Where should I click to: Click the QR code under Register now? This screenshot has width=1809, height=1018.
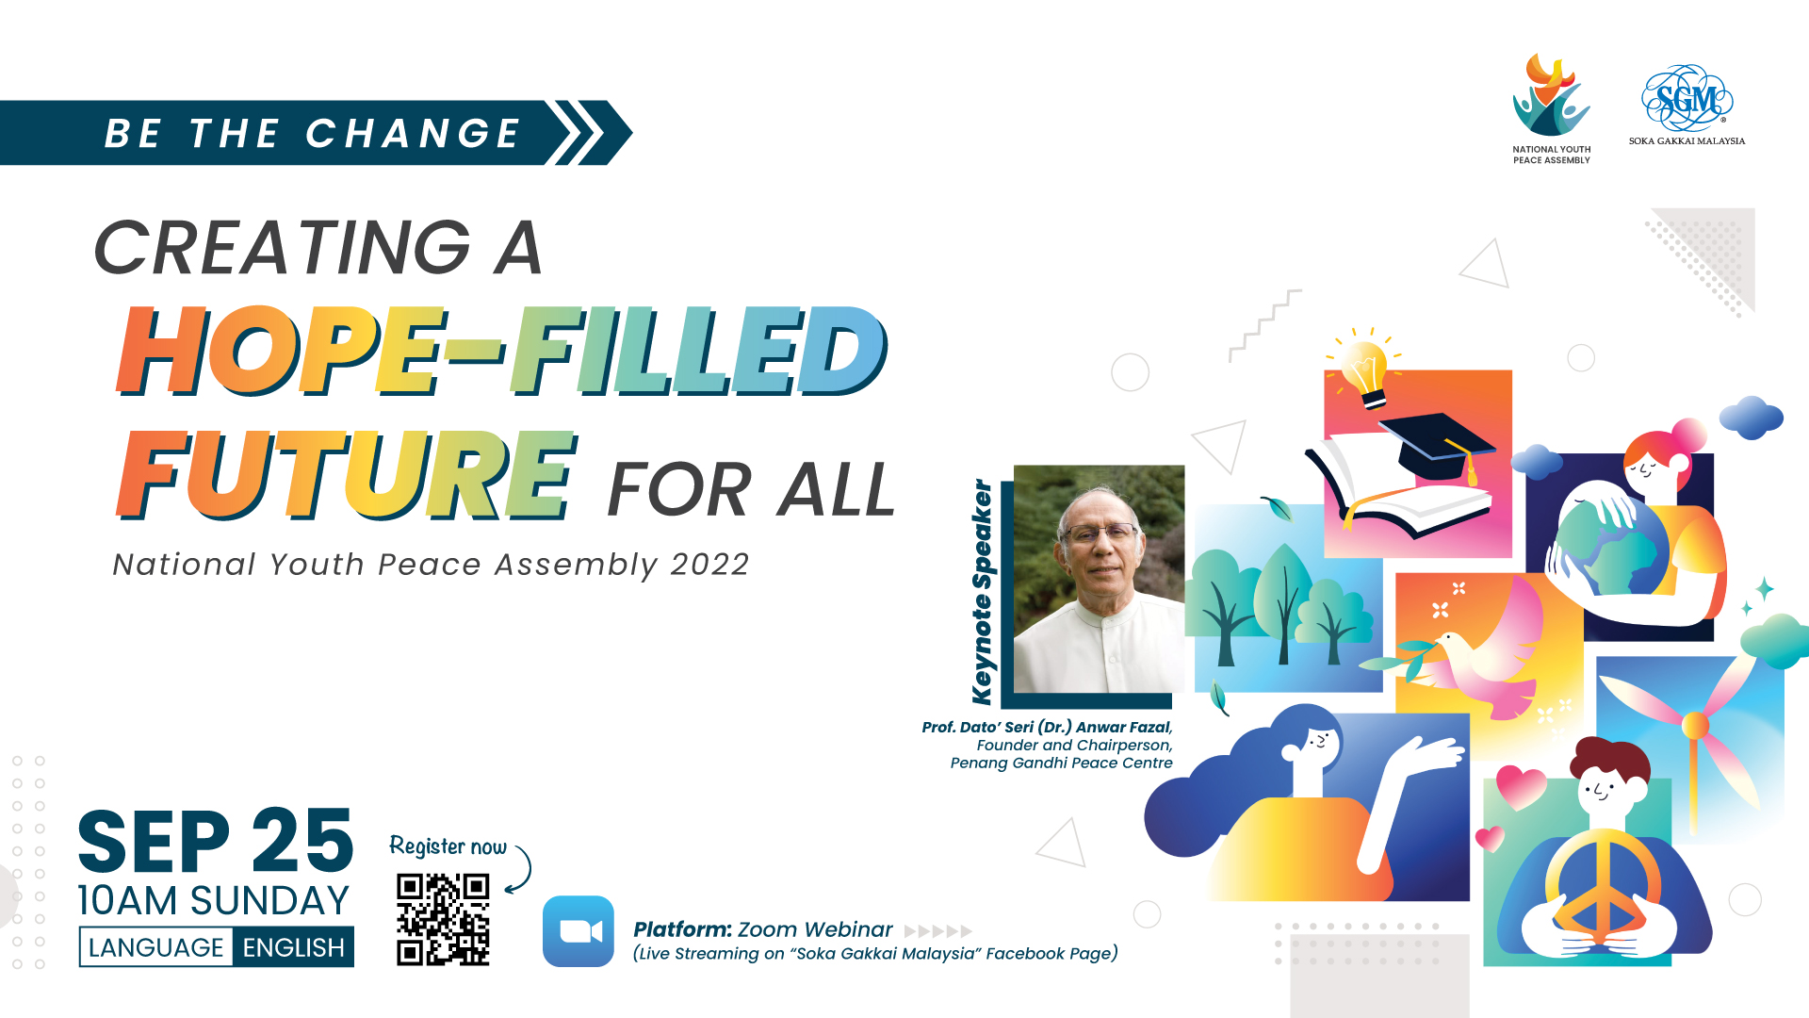coord(443,919)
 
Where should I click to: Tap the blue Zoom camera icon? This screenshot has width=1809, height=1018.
coord(579,931)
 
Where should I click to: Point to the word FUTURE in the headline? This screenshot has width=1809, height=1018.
coord(347,474)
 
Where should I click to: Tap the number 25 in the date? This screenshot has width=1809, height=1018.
coord(302,841)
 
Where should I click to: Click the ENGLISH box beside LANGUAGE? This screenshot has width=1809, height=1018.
coord(293,947)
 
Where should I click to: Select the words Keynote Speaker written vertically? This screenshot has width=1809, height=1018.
coord(982,592)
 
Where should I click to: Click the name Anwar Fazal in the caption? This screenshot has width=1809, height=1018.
coord(1124,727)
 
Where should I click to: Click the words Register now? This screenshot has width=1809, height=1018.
coord(448,846)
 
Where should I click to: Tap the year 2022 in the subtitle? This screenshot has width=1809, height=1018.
coord(709,564)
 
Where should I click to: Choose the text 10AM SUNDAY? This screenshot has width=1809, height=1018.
coord(214,901)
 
